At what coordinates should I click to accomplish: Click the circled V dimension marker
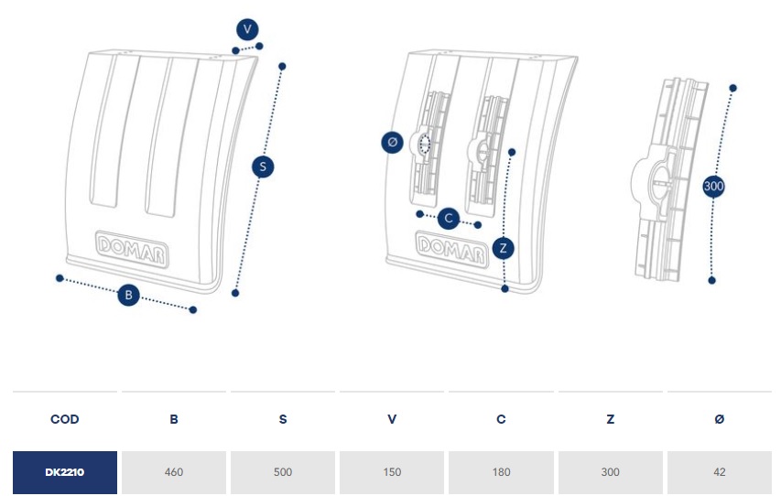247,29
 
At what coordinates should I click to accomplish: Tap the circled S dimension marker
263,167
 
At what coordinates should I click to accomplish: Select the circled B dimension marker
129,295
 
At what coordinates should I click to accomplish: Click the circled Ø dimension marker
393,143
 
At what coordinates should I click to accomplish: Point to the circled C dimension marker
449,219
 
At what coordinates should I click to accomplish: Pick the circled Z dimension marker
503,248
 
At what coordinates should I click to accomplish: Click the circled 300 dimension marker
714,186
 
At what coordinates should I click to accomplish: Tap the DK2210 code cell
65,472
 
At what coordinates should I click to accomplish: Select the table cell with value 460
174,472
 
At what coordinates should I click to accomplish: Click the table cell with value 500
283,472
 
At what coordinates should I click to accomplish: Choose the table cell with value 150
392,472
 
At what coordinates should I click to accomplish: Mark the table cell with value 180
501,472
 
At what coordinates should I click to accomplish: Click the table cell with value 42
719,472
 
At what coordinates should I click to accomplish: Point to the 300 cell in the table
610,472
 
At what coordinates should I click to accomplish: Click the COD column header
65,419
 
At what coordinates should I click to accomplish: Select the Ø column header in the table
719,419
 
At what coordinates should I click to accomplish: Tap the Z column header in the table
610,419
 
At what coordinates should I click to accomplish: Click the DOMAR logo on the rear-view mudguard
450,247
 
